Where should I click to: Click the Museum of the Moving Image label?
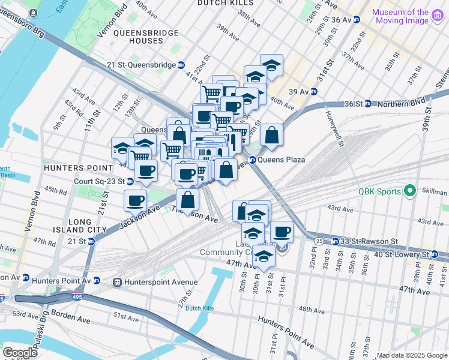(x=400, y=16)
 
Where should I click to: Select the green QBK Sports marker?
(x=411, y=192)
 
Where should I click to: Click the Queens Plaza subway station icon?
(x=253, y=160)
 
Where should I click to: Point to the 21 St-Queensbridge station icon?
(x=181, y=65)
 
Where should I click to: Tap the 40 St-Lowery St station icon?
(x=432, y=254)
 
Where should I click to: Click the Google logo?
(x=19, y=352)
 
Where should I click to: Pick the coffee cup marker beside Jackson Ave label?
(x=135, y=200)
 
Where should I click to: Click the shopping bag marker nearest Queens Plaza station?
(x=271, y=134)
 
